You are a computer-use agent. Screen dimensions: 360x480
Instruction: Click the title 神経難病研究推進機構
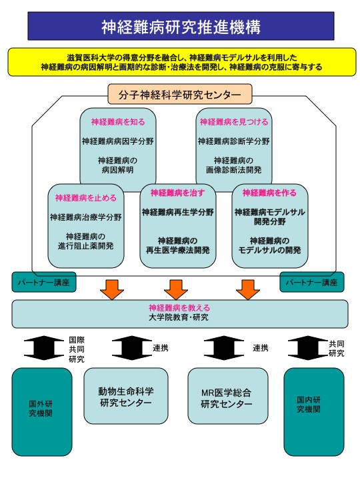tap(181, 27)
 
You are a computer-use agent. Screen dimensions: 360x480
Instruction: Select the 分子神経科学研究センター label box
tap(180, 94)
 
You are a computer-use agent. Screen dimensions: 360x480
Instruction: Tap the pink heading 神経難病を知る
tap(118, 122)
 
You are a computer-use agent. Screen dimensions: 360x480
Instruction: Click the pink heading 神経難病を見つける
tap(234, 122)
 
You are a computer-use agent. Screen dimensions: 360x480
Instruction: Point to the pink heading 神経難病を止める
tap(86, 198)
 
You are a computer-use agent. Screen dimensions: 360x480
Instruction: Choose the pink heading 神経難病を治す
tap(177, 193)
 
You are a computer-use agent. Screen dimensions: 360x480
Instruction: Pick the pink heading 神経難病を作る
tap(269, 193)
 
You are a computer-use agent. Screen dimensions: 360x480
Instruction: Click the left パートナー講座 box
tap(44, 282)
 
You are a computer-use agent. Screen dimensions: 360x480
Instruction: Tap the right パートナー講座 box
tap(312, 282)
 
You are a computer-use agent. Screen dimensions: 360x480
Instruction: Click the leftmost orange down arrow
tap(112, 289)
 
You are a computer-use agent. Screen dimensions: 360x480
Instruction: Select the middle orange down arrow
tap(176, 289)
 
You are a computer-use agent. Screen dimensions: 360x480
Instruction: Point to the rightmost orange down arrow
tap(248, 289)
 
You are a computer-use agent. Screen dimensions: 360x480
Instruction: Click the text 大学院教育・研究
tap(179, 317)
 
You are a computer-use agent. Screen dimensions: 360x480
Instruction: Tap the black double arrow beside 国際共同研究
tap(44, 348)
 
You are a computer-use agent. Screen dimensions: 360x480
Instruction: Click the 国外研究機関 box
tap(42, 412)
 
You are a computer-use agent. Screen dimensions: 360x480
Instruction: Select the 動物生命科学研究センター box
tap(126, 396)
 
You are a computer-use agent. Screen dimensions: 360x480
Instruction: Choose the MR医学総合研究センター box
tap(228, 396)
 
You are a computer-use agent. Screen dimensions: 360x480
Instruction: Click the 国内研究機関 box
tap(314, 412)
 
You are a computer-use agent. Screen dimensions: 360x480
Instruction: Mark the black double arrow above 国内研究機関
tap(308, 348)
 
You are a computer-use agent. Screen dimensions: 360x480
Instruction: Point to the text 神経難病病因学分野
tap(118, 141)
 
